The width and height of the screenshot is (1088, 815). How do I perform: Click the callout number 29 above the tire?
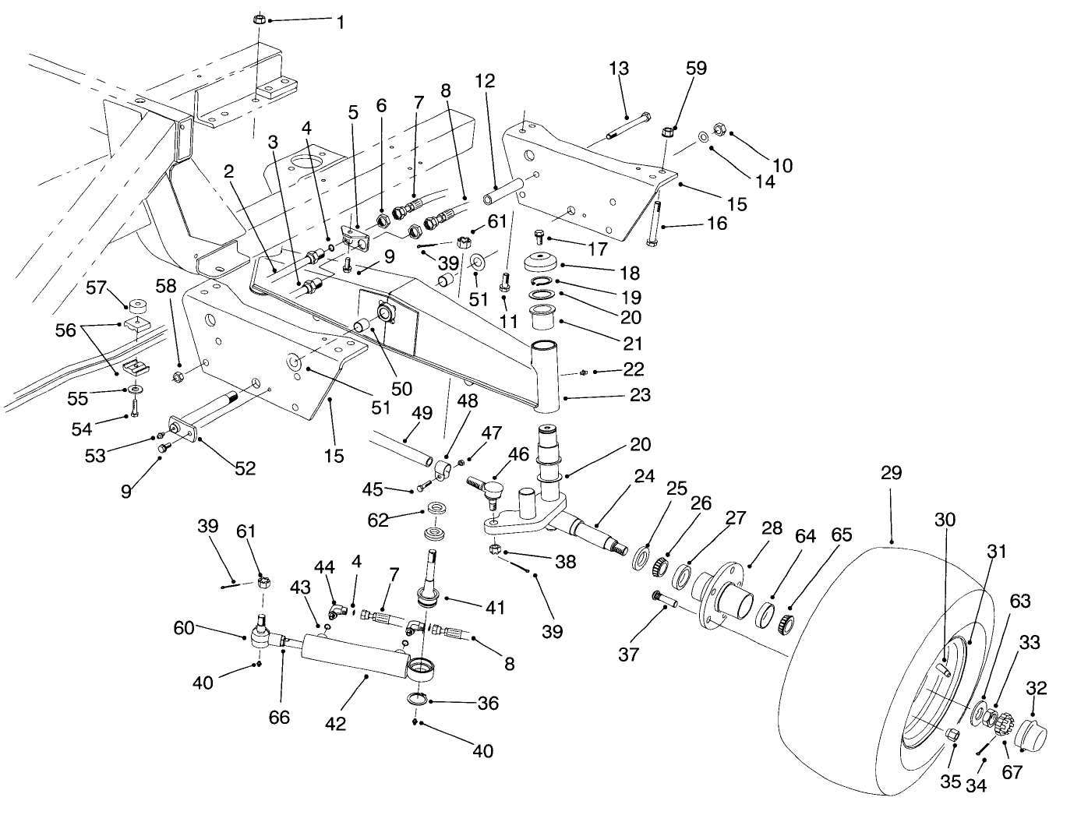click(891, 472)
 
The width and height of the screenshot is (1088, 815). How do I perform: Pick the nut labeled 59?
click(668, 132)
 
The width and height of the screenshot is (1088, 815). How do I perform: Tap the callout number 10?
click(782, 165)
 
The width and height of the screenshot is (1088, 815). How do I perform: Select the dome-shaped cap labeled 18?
click(539, 263)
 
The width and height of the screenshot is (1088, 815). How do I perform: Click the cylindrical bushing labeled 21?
click(541, 317)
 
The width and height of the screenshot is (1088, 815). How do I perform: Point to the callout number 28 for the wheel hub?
click(772, 529)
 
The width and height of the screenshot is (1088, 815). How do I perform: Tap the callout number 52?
click(245, 467)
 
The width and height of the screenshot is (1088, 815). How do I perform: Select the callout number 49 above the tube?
click(422, 413)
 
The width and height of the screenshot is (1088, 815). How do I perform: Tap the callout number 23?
click(640, 395)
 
